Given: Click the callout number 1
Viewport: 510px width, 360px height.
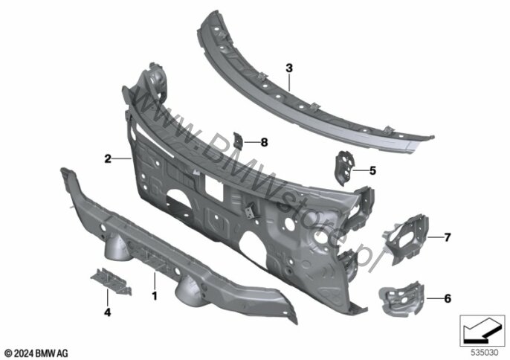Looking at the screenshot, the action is (x=155, y=296).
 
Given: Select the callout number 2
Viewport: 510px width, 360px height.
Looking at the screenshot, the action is (x=108, y=159).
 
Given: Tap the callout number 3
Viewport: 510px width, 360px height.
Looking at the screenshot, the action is (x=289, y=68).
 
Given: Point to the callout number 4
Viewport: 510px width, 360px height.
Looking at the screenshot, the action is (x=107, y=312).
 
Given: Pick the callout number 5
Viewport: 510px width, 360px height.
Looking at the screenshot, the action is (x=372, y=170).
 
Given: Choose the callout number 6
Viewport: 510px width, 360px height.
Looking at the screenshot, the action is (x=448, y=298).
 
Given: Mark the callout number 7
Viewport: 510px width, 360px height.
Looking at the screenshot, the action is (x=448, y=237).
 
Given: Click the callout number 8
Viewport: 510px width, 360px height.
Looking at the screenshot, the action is (x=264, y=142).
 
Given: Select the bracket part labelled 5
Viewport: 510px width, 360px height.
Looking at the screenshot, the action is (x=343, y=167).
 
